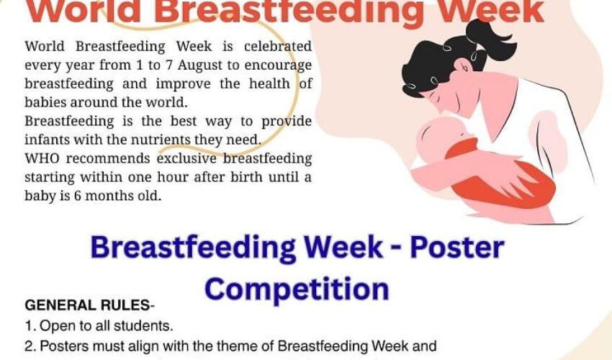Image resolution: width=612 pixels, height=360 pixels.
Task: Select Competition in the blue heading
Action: click(297, 289)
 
